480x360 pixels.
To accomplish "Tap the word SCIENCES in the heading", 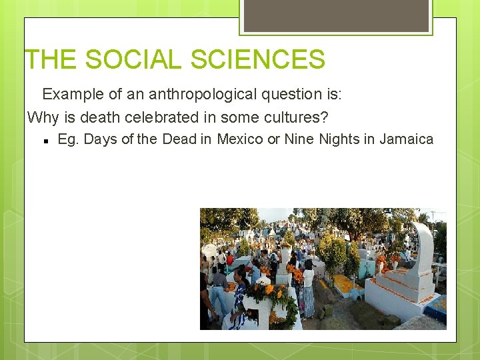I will coord(258,59).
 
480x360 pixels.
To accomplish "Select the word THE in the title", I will coord(51,59).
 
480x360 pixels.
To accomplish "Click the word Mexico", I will coord(240,139).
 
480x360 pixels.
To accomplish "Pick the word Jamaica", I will coord(406,139).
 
